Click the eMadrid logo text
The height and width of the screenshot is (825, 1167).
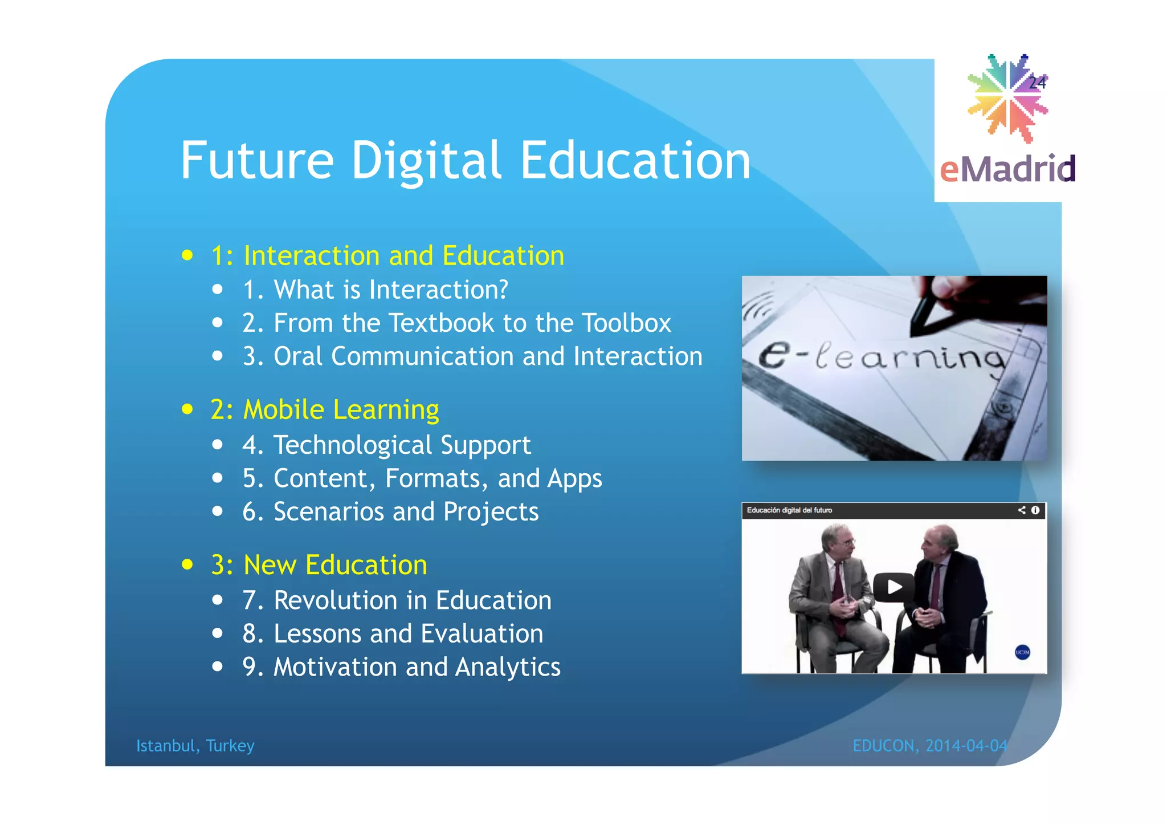point(1007,169)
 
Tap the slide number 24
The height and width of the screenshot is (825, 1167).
point(1037,83)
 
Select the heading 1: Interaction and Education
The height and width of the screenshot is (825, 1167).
point(387,255)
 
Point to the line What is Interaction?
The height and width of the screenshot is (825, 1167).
point(375,290)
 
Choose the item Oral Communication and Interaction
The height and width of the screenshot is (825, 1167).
point(472,356)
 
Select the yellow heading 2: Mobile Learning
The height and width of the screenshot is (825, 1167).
point(325,410)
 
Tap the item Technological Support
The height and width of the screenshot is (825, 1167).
point(386,445)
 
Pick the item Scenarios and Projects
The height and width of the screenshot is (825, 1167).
point(390,512)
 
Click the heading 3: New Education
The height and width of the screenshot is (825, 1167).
point(319,565)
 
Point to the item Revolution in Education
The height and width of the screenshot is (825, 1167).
point(397,600)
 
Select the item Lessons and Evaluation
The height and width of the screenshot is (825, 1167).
point(393,634)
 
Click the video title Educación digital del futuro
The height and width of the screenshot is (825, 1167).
point(789,510)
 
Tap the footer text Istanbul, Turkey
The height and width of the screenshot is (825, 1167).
point(195,746)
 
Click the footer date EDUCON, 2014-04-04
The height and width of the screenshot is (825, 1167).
point(929,746)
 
